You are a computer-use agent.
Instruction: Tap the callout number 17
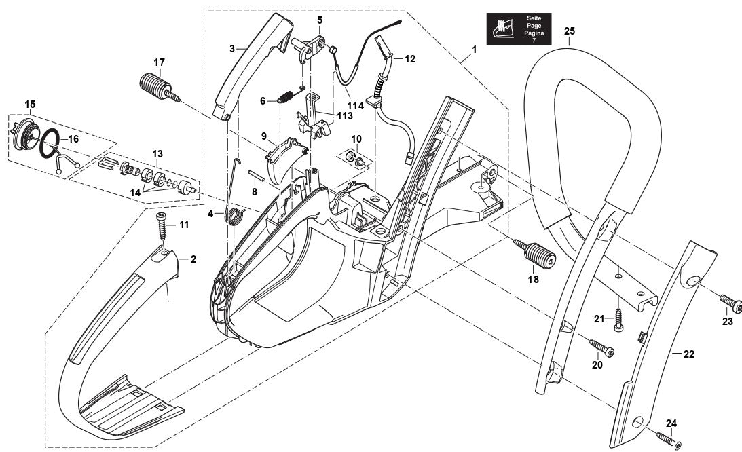(159, 62)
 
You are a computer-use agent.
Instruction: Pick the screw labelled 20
(601, 347)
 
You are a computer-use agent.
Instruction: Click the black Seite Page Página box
(519, 29)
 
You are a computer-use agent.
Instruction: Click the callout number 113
(327, 116)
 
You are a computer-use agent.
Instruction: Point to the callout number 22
(688, 354)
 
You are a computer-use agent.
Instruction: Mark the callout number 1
(474, 50)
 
